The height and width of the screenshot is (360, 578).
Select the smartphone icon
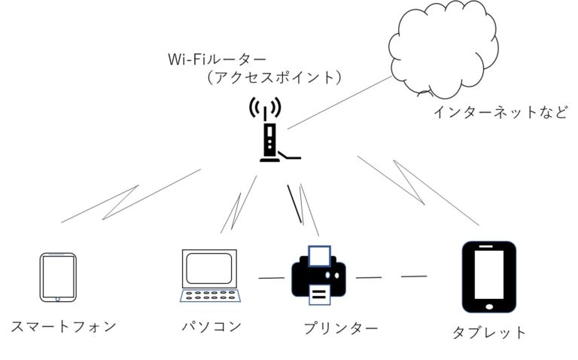click(x=58, y=277)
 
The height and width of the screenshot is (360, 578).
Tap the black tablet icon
click(x=488, y=277)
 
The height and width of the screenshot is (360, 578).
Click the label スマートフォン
click(x=64, y=326)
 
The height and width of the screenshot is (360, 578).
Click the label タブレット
click(x=489, y=332)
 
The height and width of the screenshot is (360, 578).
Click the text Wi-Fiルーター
click(x=218, y=58)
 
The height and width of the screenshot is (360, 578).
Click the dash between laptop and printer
click(x=272, y=279)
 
